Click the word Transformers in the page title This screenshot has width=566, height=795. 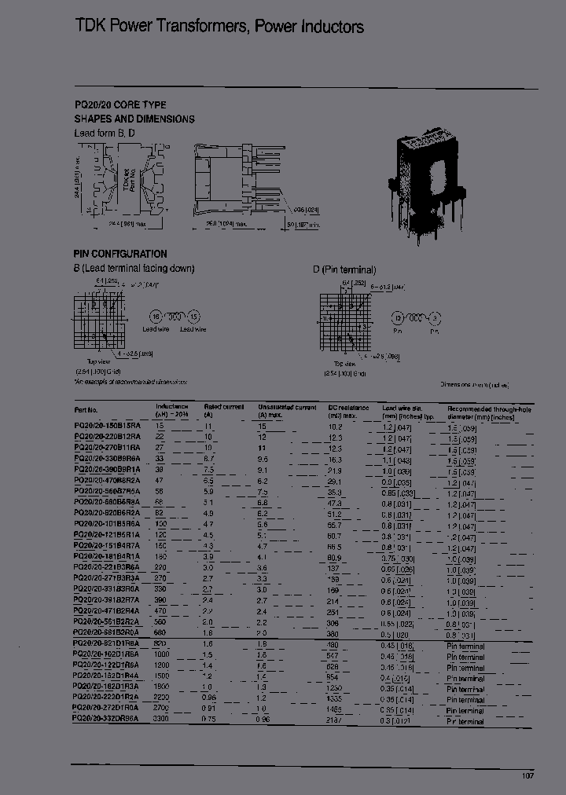193,27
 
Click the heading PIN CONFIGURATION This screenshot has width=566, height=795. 120,254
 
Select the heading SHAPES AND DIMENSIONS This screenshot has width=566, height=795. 134,119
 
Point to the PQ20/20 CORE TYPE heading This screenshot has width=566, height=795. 120,104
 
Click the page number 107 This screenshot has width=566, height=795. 528,775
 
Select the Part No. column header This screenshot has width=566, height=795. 86,409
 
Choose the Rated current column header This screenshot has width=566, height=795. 224,407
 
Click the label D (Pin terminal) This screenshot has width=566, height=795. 344,269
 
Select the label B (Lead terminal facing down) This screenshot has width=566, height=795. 134,268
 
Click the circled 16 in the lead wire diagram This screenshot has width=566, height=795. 156,316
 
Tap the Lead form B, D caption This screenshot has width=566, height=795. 105,134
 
